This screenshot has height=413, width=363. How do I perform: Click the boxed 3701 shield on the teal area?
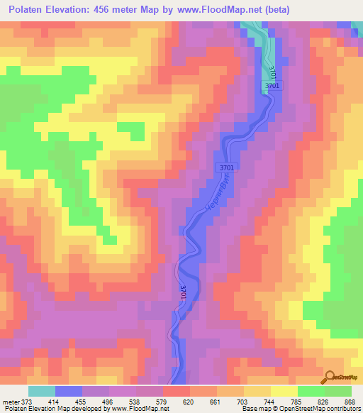coord(273,86)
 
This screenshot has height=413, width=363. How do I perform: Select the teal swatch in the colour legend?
coord(41,391)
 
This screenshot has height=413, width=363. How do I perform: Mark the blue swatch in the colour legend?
coord(68,391)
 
